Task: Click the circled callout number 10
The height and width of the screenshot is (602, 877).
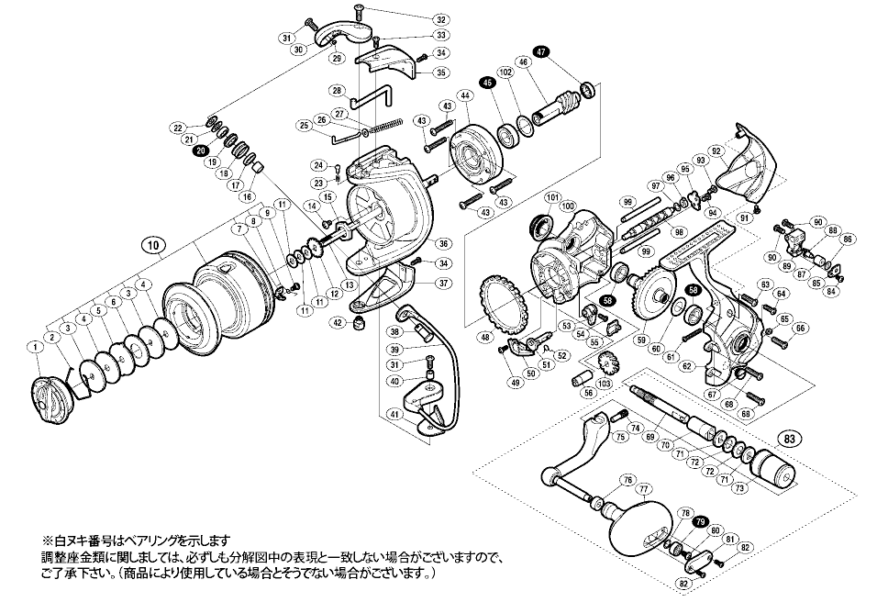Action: pos(154,245)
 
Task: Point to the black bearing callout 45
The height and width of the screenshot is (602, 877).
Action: pos(488,83)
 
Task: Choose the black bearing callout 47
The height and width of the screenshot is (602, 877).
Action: pos(541,52)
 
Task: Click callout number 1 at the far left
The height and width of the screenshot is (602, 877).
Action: pos(34,346)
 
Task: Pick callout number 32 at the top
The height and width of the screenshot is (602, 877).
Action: pos(440,19)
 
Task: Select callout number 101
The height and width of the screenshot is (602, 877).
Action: pos(552,197)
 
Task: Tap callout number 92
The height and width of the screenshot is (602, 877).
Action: pos(716,150)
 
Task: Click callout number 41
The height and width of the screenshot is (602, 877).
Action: pos(394,414)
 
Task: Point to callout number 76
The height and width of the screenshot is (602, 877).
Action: pos(627,480)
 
